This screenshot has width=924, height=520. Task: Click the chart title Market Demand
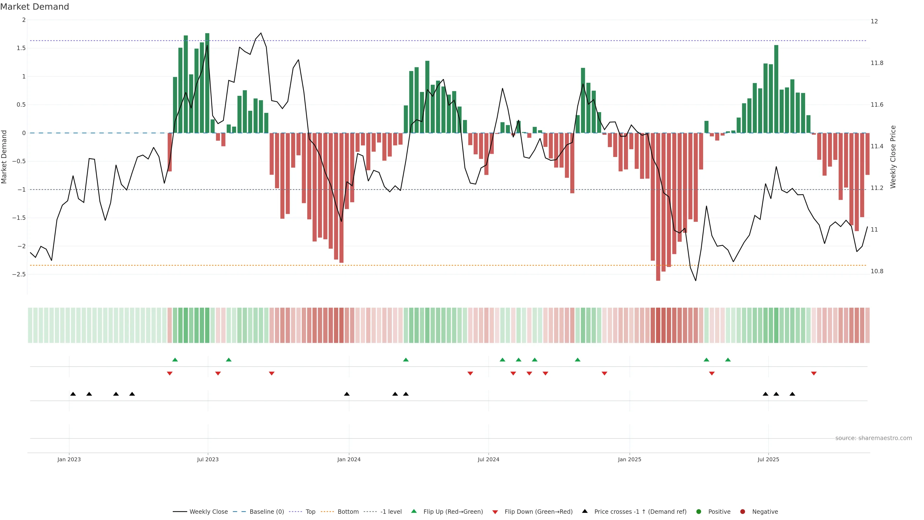[x=34, y=7]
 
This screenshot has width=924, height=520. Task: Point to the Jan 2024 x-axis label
[x=349, y=459]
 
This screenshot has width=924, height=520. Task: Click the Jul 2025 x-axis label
[x=768, y=459]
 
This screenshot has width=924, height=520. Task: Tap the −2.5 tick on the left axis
[x=19, y=274]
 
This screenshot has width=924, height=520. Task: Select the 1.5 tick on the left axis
[x=21, y=48]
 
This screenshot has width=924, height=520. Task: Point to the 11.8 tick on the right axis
[x=877, y=63]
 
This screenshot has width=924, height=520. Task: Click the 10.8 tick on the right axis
[x=877, y=271]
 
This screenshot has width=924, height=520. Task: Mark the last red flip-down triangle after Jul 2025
[x=814, y=374]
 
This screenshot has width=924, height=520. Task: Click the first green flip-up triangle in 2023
[x=175, y=360]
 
